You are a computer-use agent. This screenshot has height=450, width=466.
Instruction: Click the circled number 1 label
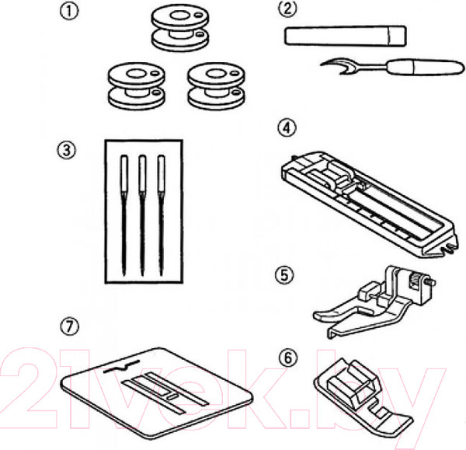click(69, 12)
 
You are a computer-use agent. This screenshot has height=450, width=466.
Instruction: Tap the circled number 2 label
click(287, 9)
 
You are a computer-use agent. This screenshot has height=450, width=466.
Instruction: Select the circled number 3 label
click(66, 150)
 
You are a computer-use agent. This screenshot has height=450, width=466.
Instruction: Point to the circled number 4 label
click(287, 128)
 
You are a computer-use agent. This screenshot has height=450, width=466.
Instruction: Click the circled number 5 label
click(284, 275)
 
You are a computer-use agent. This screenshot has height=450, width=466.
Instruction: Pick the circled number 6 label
click(287, 357)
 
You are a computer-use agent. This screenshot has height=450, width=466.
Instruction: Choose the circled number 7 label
click(70, 326)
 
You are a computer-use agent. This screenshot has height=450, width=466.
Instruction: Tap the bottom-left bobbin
click(136, 85)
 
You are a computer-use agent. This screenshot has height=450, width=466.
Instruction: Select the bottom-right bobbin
click(216, 85)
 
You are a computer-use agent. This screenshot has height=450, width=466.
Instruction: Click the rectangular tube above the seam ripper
click(346, 36)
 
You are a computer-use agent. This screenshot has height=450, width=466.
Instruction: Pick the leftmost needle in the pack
click(124, 215)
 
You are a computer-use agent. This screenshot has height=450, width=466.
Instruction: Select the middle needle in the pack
click(142, 215)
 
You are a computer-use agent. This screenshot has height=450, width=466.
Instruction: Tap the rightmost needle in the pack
click(161, 215)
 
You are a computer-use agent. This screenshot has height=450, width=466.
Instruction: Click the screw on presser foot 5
click(432, 281)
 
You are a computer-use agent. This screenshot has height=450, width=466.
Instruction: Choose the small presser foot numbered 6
click(363, 398)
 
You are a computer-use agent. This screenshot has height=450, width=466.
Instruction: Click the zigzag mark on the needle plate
click(122, 368)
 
